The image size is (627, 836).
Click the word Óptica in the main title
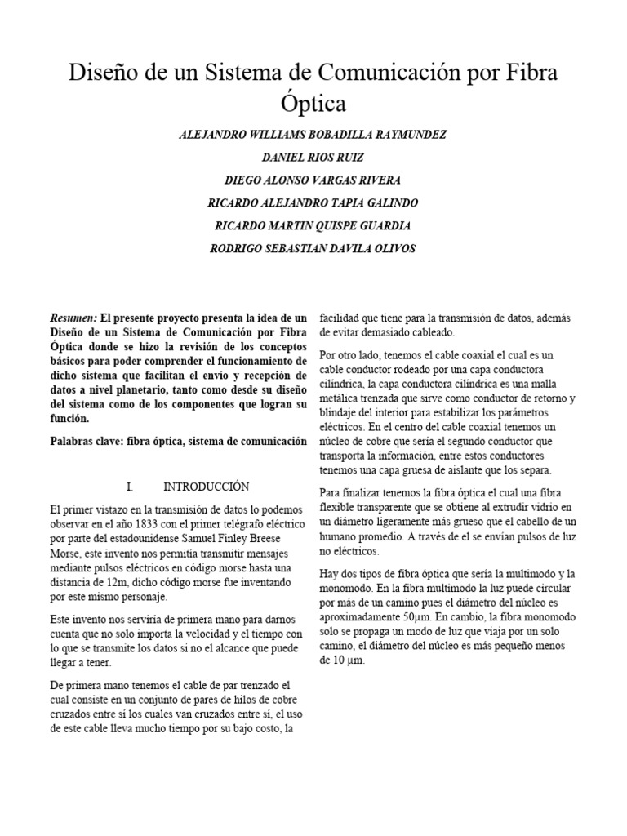[313, 104]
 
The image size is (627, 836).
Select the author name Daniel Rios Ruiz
[313, 157]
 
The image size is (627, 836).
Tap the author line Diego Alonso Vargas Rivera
[313, 180]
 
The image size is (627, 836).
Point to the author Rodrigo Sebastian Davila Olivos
[313, 248]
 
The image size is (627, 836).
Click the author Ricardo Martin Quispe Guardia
[313, 225]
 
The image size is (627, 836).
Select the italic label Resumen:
[73, 317]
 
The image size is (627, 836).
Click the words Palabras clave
[89, 442]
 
